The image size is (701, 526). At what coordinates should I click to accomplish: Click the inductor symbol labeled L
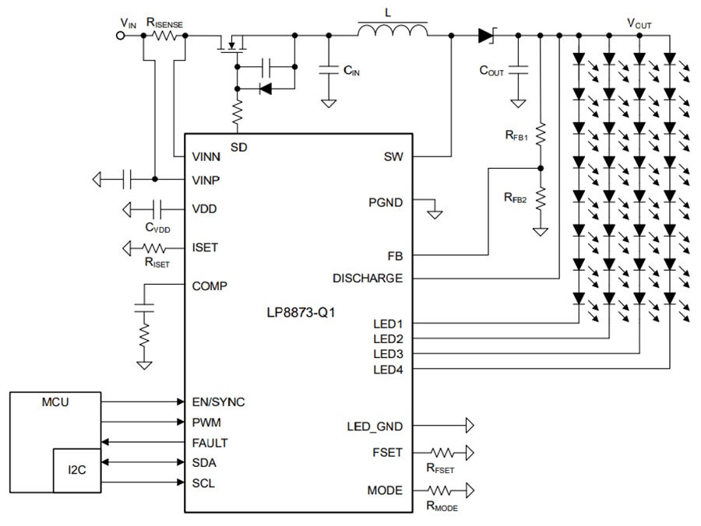coord(393,31)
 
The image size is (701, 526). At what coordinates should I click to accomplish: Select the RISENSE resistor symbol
coord(164,36)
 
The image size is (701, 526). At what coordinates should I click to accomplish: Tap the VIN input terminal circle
coord(122,36)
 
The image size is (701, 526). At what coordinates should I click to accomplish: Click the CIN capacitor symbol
coord(329,70)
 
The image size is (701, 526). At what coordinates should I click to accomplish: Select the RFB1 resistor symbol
coord(539,134)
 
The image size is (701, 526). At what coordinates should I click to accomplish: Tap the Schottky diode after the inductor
coord(487,35)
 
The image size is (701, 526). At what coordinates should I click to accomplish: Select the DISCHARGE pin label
coord(368,278)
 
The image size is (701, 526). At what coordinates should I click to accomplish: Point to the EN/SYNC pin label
coord(218,402)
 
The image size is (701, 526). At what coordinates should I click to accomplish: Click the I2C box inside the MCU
coord(76,470)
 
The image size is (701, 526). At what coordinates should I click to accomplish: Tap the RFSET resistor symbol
coord(440,452)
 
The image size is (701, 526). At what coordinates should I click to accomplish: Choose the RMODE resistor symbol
coord(440,490)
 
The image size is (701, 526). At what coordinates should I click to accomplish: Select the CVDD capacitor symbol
coord(158,209)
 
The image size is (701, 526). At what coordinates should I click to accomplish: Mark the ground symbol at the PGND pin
coord(435,212)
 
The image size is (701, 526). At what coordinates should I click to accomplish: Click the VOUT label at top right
coord(639,23)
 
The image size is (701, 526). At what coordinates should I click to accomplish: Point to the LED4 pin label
coord(388,369)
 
